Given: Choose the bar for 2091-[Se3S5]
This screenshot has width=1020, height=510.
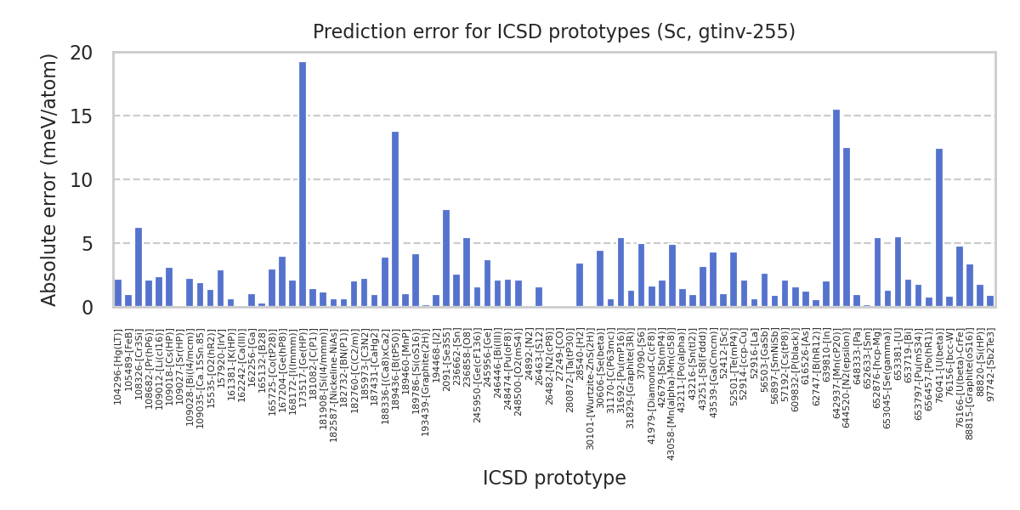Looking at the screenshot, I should click(x=446, y=258).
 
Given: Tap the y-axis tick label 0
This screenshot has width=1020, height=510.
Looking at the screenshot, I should click(x=87, y=308).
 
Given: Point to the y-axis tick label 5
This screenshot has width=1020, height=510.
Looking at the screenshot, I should click(x=87, y=244).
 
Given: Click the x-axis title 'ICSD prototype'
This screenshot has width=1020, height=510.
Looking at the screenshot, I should click(x=554, y=479).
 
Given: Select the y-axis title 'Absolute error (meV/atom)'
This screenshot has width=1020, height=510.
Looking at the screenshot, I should click(x=50, y=179).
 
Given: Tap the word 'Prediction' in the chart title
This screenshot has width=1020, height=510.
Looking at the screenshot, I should click(x=355, y=32).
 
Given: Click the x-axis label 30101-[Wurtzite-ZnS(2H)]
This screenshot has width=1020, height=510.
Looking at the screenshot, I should click(x=591, y=389).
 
